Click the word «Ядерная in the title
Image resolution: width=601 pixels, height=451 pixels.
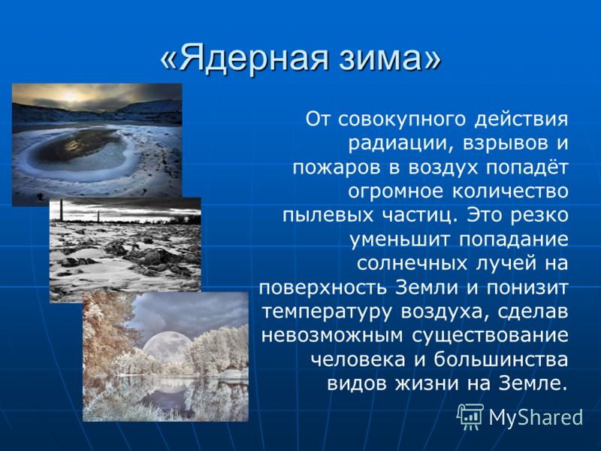pyautogui.click(x=244, y=59)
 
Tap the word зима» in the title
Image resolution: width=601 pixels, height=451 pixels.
pyautogui.click(x=390, y=59)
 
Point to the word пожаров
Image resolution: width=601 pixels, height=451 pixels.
pyautogui.click(x=337, y=168)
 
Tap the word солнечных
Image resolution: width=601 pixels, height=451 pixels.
pyautogui.click(x=412, y=264)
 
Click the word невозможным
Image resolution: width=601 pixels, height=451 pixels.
pyautogui.click(x=333, y=335)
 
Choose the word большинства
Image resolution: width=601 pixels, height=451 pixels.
pyautogui.click(x=501, y=360)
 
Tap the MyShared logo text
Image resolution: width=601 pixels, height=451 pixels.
pyautogui.click(x=536, y=417)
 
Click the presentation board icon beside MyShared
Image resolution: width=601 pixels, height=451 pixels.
pyautogui.click(x=470, y=417)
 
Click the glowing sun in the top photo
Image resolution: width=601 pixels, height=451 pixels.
pyautogui.click(x=70, y=96)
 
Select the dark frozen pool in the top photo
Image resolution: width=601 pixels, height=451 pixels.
pyautogui.click(x=80, y=150)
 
